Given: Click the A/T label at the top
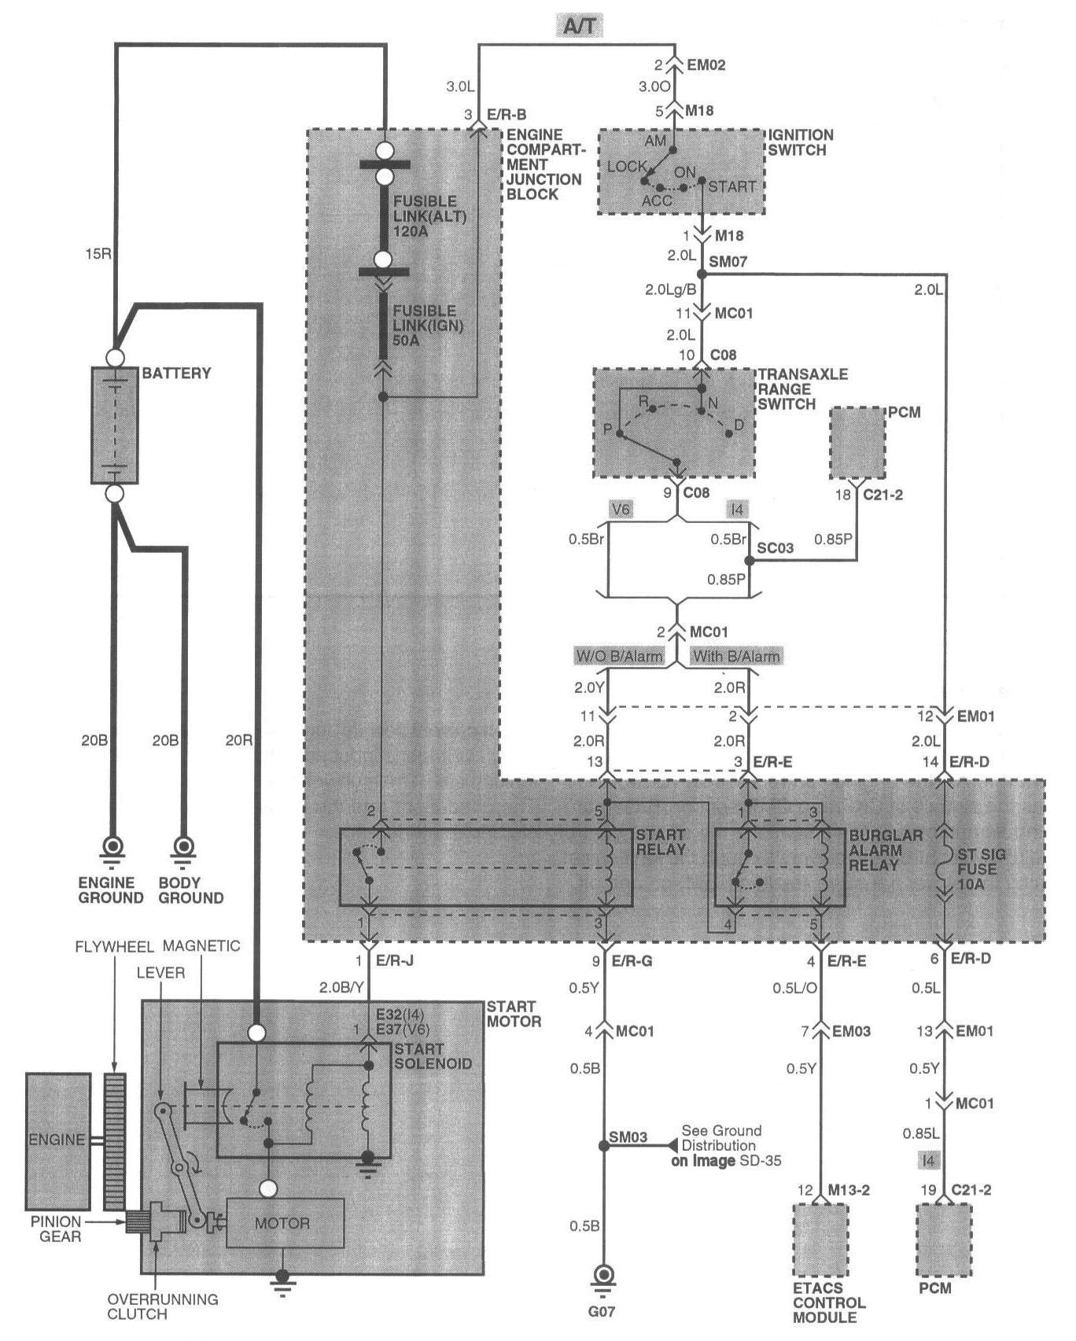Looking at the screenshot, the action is click(580, 27).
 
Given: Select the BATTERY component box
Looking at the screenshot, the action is click(115, 426).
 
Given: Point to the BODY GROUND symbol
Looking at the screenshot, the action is click(185, 849).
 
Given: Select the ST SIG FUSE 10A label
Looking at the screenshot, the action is click(981, 869).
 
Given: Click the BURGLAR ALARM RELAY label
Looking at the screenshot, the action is click(886, 850).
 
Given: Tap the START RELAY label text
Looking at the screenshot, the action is click(661, 842).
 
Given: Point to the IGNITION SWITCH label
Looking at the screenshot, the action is click(801, 142).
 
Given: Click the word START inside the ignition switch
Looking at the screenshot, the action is click(731, 187).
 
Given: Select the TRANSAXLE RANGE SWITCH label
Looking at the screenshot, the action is click(802, 389).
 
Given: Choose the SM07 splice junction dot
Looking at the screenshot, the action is click(702, 274).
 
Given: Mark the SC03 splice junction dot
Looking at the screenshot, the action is click(749, 562).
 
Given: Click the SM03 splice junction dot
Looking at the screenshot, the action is click(604, 1146).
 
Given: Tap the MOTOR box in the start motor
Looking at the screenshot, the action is click(286, 1223).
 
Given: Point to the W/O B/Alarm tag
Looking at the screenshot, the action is click(620, 656).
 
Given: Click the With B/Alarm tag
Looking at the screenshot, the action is click(736, 656).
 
